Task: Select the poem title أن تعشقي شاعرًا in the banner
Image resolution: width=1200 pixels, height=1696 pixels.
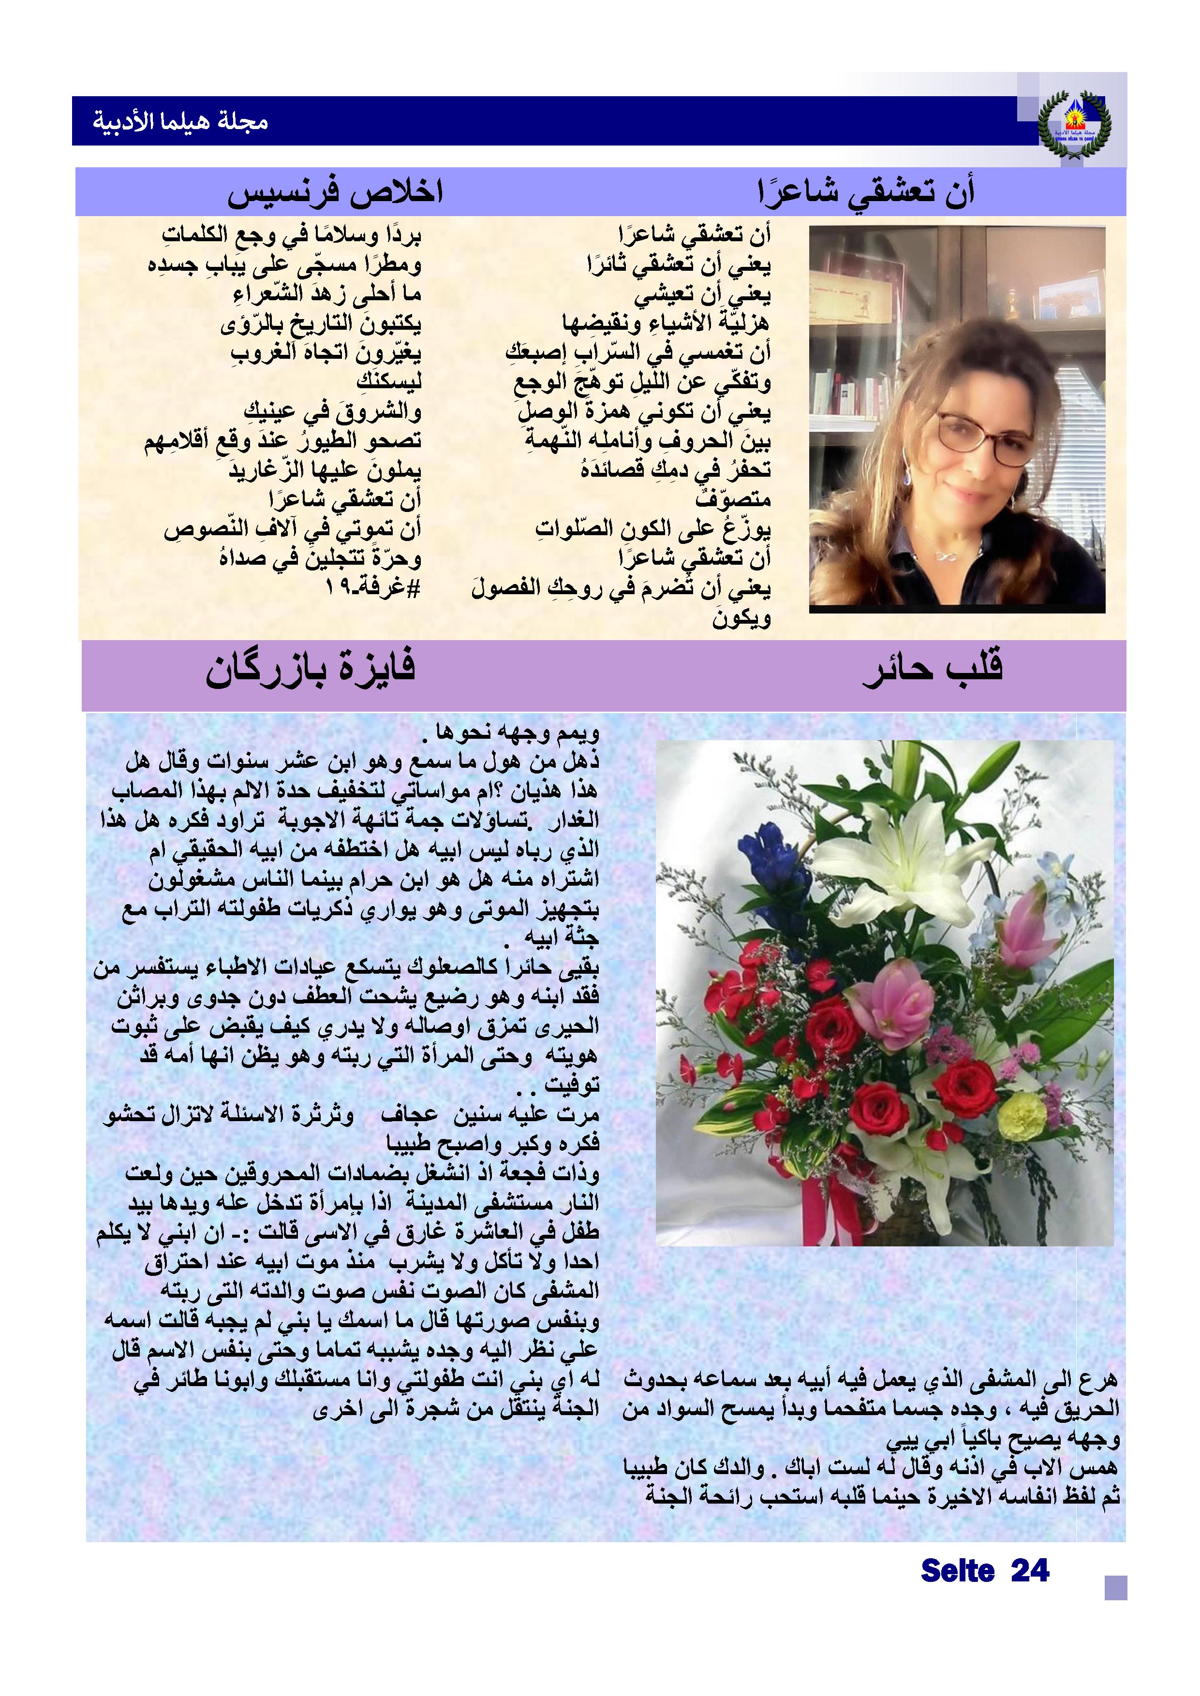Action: pyautogui.click(x=866, y=192)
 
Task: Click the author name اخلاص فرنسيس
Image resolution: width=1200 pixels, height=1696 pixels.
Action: pyautogui.click(x=335, y=192)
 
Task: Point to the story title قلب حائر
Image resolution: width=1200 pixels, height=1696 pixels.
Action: pyautogui.click(x=933, y=669)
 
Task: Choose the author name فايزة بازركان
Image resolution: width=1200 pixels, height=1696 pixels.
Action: pyautogui.click(x=311, y=669)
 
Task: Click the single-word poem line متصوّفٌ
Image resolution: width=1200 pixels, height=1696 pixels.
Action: pyautogui.click(x=733, y=499)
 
